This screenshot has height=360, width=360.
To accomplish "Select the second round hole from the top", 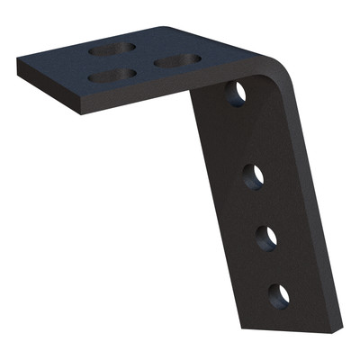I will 253,175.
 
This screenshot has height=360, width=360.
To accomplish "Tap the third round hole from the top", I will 266,238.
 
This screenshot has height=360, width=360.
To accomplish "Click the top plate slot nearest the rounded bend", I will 176,61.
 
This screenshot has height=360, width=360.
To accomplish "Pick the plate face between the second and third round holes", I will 259,206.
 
